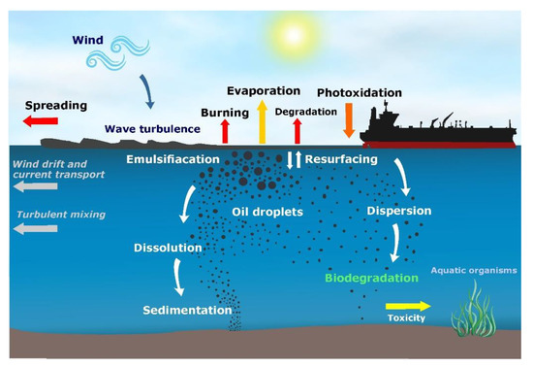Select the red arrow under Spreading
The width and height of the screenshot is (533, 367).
(40, 120)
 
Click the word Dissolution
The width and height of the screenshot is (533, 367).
(168, 249)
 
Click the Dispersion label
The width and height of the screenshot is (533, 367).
(399, 210)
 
